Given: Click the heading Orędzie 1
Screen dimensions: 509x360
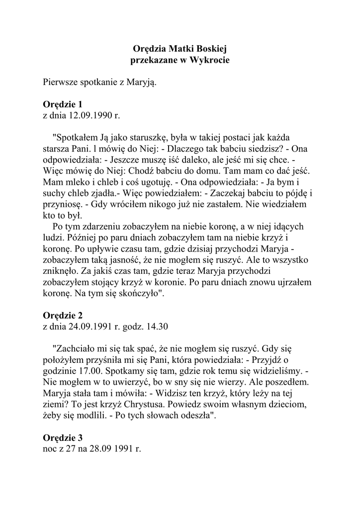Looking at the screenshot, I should (x=62, y=104).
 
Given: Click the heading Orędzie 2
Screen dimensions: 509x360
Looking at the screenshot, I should (x=63, y=316).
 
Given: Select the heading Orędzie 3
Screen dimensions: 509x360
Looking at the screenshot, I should (x=63, y=437).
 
